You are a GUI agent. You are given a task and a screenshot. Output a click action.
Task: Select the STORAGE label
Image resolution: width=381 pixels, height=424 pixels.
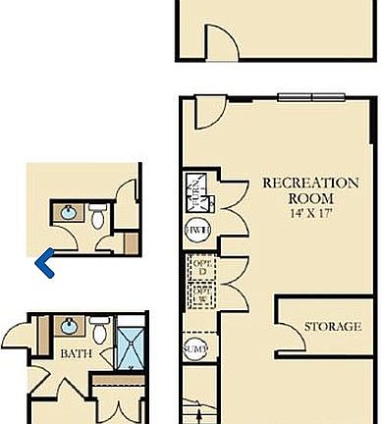pos(332,326)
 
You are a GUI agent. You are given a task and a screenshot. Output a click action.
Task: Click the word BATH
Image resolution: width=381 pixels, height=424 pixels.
pos(72,352)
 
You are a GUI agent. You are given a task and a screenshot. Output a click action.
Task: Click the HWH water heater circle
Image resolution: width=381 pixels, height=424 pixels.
pos(195,230)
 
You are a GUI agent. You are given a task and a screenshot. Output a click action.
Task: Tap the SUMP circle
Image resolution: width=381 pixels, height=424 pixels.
pos(194,346)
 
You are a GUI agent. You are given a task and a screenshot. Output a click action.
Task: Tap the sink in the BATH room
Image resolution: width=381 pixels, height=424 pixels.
pos(70,325)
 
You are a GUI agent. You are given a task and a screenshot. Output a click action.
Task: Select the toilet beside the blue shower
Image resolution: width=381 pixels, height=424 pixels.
pos(100,326)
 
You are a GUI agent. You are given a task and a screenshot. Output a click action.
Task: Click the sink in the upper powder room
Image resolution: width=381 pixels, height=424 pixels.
pos(70,212)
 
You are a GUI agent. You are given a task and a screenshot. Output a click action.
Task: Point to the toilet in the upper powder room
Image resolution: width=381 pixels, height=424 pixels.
pos(99,216)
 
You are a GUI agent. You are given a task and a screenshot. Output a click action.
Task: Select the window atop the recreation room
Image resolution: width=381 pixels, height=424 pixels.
pos(310,96)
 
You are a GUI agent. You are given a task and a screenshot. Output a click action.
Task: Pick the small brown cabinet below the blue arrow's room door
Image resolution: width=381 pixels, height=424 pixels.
pos(130,243)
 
